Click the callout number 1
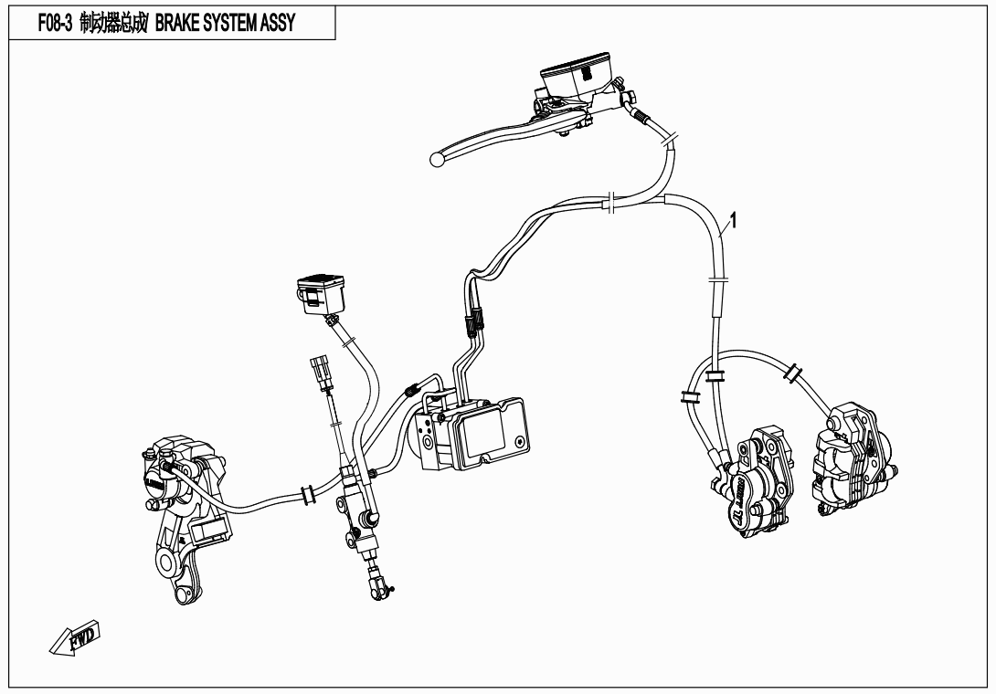(734, 221)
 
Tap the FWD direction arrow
(75, 638)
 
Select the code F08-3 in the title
(55, 24)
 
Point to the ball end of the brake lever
(437, 160)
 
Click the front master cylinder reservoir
(575, 75)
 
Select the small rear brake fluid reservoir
(322, 294)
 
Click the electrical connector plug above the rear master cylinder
(320, 374)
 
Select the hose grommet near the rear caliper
(308, 495)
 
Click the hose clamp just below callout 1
(718, 279)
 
